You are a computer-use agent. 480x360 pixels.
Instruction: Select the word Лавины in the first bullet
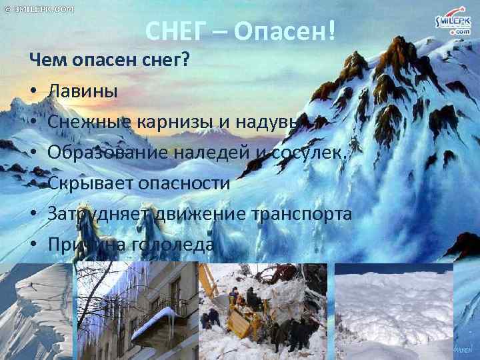(83, 90)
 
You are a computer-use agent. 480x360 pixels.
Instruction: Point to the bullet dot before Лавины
(33, 91)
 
